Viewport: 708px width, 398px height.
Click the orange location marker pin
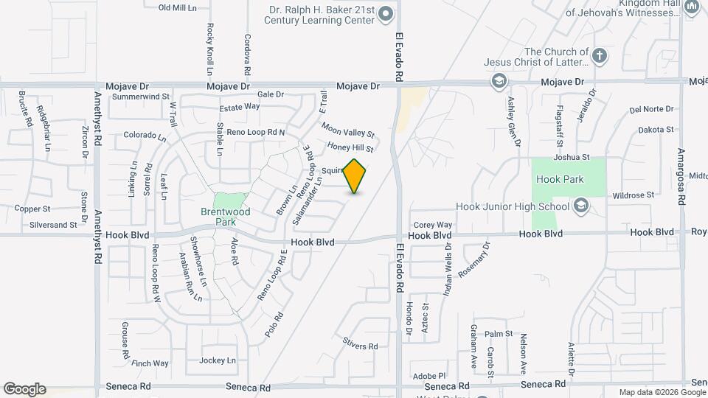[x=355, y=176]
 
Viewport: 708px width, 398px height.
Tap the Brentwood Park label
[x=226, y=216]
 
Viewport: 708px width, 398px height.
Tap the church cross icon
[x=600, y=55]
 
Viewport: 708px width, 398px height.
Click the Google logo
[x=24, y=388]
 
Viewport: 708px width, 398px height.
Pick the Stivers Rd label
[x=360, y=345]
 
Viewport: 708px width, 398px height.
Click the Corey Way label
[x=432, y=225]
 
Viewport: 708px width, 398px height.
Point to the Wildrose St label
[x=633, y=195]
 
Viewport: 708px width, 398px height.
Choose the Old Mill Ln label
[x=178, y=7]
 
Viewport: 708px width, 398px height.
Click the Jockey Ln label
[x=217, y=360]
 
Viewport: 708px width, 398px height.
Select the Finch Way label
[x=150, y=363]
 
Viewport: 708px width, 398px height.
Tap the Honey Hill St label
[x=351, y=148]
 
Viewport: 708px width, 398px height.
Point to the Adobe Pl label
[x=430, y=376]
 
